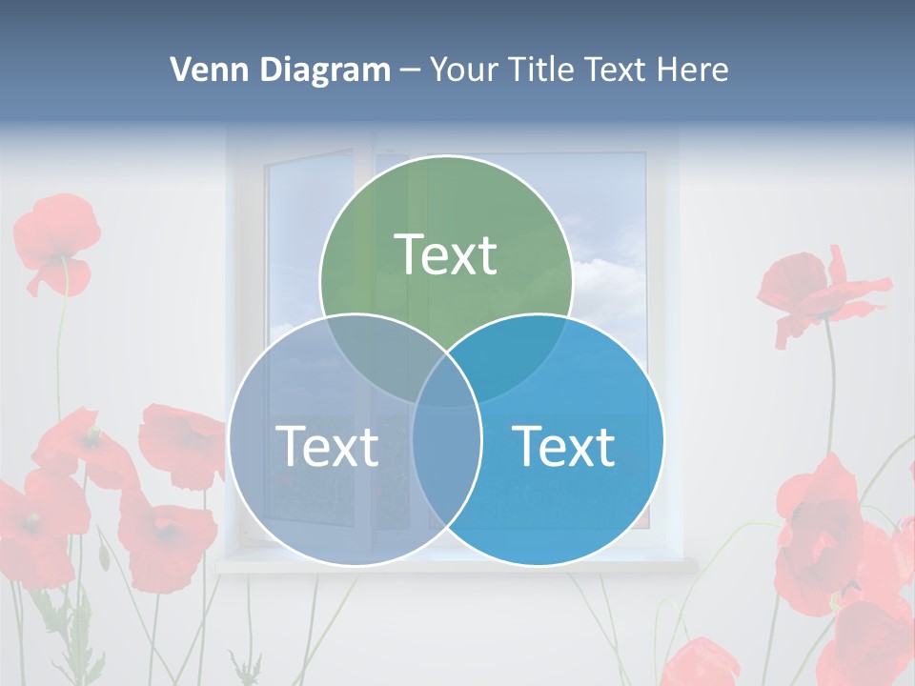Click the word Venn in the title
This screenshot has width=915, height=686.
pos(203,70)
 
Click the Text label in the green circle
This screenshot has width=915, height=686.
pos(445,255)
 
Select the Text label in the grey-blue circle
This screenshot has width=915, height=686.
pos(327,446)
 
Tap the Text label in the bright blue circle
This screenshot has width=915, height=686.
pos(563,446)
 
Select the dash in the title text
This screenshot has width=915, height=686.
pos(411,71)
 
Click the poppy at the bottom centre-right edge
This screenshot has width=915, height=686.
pos(701,662)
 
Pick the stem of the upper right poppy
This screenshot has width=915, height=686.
pos(831,381)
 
